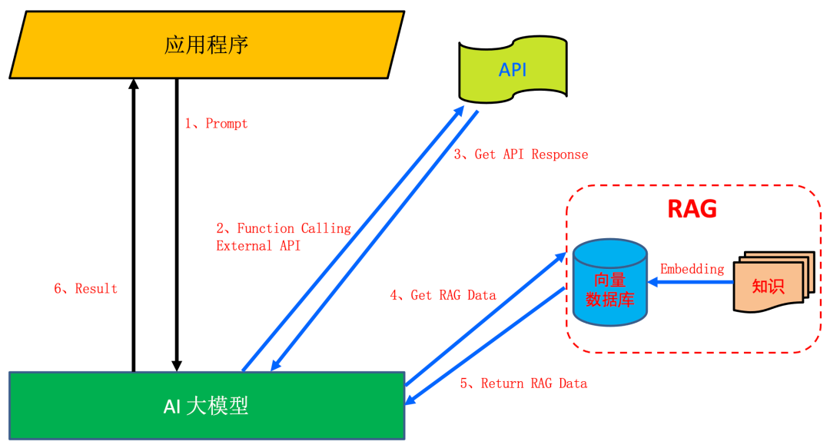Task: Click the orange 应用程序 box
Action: (x=207, y=45)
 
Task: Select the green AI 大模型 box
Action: (x=207, y=406)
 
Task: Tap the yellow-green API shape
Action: (x=513, y=69)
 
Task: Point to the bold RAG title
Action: (x=692, y=209)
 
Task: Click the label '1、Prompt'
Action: (x=216, y=123)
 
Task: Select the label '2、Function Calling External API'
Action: (x=283, y=237)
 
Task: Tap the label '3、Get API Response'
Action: (x=520, y=154)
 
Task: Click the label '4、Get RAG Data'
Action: (x=443, y=295)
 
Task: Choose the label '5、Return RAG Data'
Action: (x=523, y=383)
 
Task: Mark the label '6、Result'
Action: (x=85, y=289)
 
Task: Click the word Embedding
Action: (x=692, y=269)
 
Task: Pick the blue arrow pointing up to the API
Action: (x=354, y=238)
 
